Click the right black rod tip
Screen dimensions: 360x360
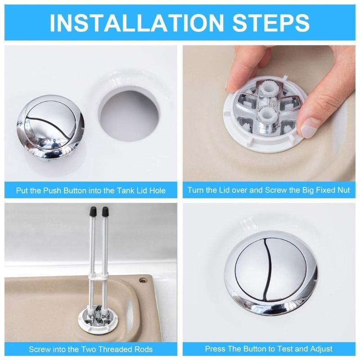106,210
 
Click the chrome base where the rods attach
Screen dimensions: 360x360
99,319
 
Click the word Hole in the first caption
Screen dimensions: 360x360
156,190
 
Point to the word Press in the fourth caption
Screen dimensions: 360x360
215,349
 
